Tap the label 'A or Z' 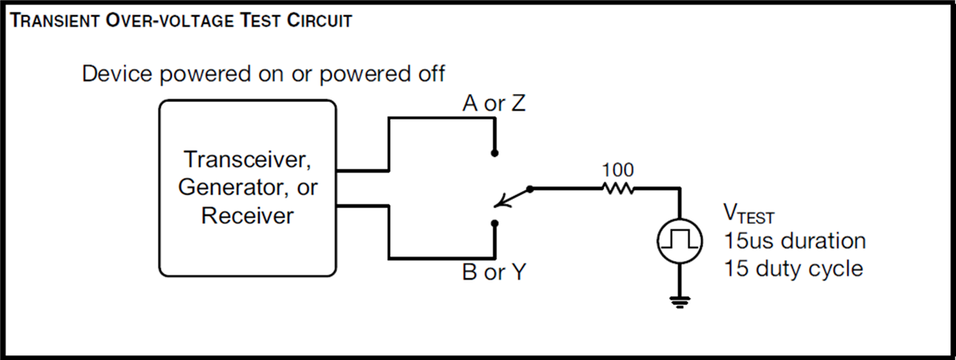494,104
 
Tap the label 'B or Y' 494,273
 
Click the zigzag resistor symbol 617,189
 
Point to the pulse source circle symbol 679,240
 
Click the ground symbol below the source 679,300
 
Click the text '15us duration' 794,240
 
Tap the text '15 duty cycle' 793,268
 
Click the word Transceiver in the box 246,159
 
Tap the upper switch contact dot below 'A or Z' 495,152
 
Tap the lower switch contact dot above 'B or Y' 495,224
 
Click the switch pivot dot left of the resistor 531,189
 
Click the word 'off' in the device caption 429,74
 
